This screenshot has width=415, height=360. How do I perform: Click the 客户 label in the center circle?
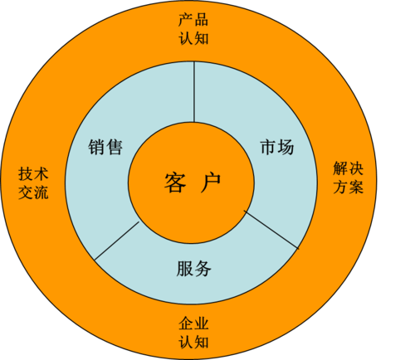(x=193, y=182)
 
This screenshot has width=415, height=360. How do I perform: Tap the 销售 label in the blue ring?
(x=105, y=147)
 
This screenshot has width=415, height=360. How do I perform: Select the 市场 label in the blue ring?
(x=277, y=147)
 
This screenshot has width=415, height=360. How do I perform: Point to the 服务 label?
(x=193, y=268)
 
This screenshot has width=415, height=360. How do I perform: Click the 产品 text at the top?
(x=193, y=20)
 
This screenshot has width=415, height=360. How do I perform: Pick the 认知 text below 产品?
(x=193, y=38)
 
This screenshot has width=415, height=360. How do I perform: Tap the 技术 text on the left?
(x=33, y=173)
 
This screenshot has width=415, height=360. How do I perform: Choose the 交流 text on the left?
(x=33, y=192)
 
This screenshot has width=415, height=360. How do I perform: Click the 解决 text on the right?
(x=348, y=168)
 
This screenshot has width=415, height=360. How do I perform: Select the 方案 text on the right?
(x=348, y=187)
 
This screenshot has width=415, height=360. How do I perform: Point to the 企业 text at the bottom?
(x=193, y=324)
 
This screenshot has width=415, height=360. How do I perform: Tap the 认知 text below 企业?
(x=193, y=342)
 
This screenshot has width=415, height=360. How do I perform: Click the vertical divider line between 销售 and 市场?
(x=194, y=91)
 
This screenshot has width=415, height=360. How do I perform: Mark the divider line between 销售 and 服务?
(x=116, y=241)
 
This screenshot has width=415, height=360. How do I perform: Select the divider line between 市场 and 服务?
(x=271, y=230)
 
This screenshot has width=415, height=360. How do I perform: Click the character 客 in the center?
(x=175, y=182)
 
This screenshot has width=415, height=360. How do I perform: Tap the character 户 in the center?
(x=211, y=182)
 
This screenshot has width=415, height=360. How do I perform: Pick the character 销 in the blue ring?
(x=96, y=147)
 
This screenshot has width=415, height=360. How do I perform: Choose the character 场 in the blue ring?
(x=286, y=147)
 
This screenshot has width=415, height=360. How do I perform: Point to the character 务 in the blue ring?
(x=203, y=268)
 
